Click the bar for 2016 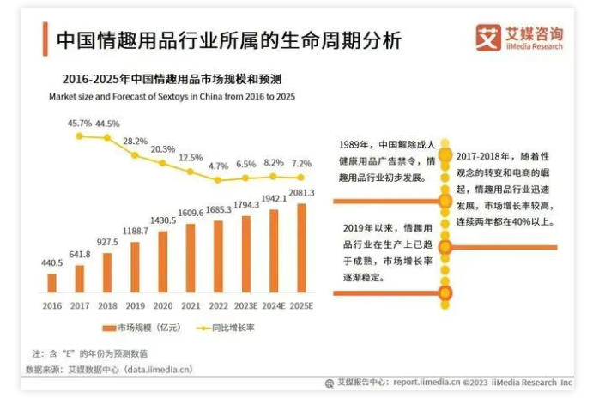(x=52, y=282)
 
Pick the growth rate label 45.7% (x=79, y=123)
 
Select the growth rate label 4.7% (x=218, y=166)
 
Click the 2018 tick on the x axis (x=107, y=304)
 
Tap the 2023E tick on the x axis (x=245, y=304)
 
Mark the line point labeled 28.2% (x=135, y=154)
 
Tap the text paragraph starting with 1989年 (x=387, y=161)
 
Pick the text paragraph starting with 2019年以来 (x=387, y=253)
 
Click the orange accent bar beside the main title (x=44, y=39)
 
